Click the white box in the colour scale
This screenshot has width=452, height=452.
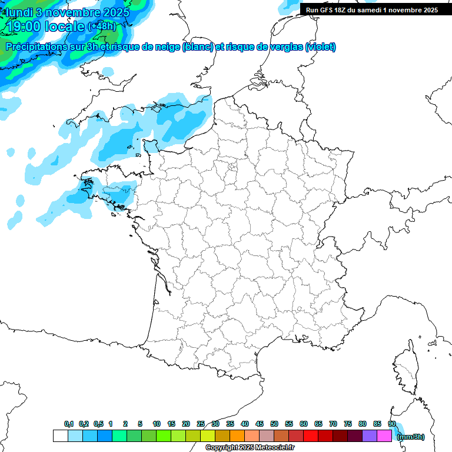(x=60, y=436)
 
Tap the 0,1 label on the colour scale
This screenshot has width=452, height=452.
(x=69, y=424)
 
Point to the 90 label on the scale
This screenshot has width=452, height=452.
(x=391, y=424)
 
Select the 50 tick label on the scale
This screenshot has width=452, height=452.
(x=274, y=424)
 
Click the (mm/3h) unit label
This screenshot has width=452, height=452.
(x=411, y=437)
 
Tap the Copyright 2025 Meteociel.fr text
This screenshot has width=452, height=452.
(x=250, y=447)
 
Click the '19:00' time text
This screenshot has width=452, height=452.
(x=24, y=26)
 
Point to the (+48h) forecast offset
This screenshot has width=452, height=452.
(x=102, y=26)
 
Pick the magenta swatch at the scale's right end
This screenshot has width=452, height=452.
(x=384, y=436)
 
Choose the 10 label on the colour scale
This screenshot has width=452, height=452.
(x=157, y=424)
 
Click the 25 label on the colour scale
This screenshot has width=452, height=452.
(x=201, y=424)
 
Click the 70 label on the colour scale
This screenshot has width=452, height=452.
(x=333, y=424)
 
